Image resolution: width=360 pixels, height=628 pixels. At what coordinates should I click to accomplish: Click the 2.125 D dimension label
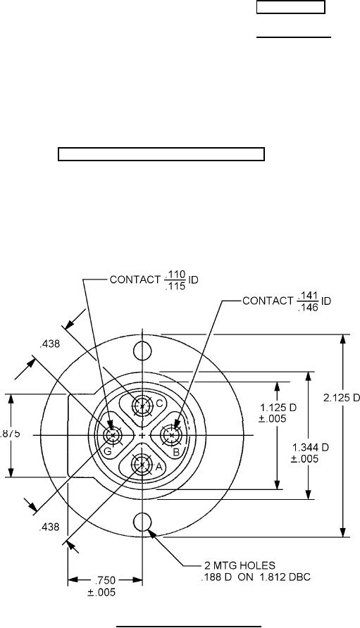(342, 398)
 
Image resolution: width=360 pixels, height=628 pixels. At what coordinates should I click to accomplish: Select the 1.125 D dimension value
(278, 408)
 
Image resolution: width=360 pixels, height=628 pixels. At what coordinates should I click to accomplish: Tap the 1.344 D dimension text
(311, 447)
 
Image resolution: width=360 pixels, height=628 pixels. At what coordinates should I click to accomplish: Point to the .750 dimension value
(106, 580)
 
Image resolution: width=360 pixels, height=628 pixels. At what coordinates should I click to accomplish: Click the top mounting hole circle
(142, 350)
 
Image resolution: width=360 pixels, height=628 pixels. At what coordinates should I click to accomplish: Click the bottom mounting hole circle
(142, 521)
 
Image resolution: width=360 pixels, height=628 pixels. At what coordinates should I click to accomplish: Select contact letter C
(159, 403)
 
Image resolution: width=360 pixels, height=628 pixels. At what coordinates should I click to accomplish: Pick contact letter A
(159, 467)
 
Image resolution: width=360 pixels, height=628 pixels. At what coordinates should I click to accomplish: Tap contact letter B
(175, 453)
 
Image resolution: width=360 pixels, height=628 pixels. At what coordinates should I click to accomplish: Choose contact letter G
(107, 451)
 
